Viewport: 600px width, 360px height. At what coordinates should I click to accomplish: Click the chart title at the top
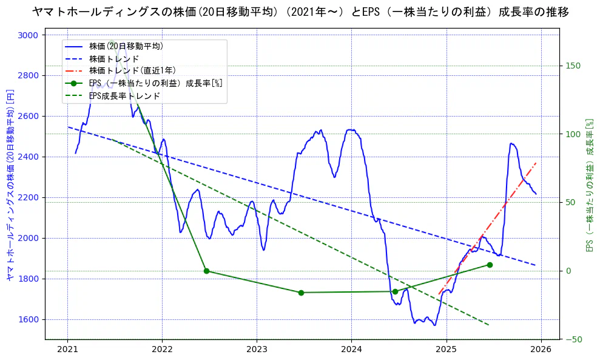click(x=300, y=12)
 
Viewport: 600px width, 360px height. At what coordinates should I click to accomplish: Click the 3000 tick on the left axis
click(x=28, y=35)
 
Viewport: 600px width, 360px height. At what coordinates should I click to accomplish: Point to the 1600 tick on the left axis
click(x=28, y=320)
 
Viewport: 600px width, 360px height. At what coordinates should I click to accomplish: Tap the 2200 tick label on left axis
click(x=28, y=198)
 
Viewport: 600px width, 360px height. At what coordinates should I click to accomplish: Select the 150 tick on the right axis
click(x=573, y=66)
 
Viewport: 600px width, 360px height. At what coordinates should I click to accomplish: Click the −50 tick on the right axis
click(x=573, y=339)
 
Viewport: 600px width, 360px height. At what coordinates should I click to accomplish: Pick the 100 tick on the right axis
click(x=573, y=134)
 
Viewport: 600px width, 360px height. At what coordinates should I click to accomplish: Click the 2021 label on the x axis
click(x=67, y=350)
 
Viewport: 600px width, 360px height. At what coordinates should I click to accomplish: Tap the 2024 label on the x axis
click(x=351, y=350)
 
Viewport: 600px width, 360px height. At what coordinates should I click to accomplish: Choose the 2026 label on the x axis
click(x=541, y=350)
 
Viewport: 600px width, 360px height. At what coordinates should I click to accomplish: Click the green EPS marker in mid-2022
click(x=206, y=271)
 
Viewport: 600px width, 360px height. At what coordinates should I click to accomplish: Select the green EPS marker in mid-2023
click(x=301, y=293)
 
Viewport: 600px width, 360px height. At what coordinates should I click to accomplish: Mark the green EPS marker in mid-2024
click(x=395, y=291)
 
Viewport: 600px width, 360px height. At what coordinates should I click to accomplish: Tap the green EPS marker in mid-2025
click(x=490, y=265)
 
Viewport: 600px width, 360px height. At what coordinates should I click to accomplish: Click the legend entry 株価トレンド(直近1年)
click(x=132, y=70)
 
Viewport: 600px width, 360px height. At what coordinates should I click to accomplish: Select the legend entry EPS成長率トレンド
click(x=124, y=96)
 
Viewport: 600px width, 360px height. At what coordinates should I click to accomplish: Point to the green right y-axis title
click(x=588, y=185)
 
